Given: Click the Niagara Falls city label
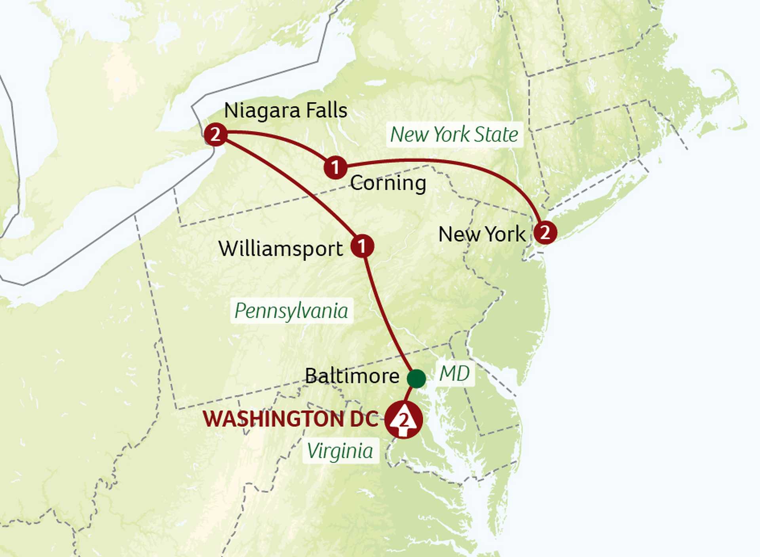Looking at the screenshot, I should pos(285,111).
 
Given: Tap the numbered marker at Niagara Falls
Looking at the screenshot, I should pos(216,135).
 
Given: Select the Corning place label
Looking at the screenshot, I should pos(388,183).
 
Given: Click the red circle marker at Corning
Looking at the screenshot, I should pos(335,167).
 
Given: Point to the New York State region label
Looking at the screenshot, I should pos(454,134).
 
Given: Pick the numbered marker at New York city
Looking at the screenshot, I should pos(545,232).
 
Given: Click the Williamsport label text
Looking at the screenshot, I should pos(281,249).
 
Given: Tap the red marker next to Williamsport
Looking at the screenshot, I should pos(362,246).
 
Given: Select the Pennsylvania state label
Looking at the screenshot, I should pos(291,311).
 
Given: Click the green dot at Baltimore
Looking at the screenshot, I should pos(416,378).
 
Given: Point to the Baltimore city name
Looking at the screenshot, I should pos(352,376).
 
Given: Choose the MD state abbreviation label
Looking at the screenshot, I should pos(454,373).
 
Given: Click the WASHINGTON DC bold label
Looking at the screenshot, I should pos(291,419).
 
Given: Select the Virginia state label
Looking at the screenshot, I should pos(340,451).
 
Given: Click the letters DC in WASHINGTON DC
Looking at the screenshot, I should pos(365,419).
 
